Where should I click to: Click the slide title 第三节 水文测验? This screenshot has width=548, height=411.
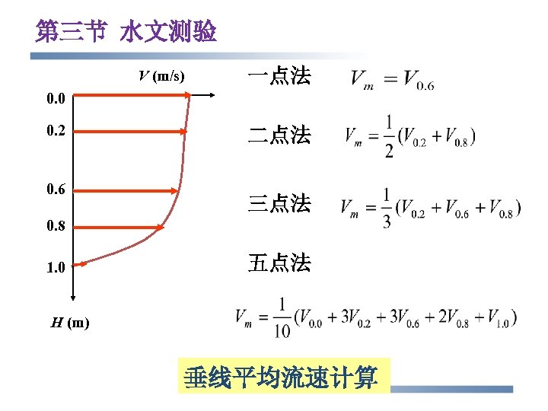tap(126, 32)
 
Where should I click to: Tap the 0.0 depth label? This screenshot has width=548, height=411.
tap(56, 98)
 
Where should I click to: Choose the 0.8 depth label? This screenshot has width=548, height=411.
tap(56, 225)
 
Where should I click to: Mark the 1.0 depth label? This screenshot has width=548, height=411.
tap(56, 267)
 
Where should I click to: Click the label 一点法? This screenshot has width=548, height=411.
tap(279, 76)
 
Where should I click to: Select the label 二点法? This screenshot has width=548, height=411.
tap(279, 135)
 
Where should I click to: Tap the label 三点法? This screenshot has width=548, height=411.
tap(279, 203)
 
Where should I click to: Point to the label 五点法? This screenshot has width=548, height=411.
tap(279, 263)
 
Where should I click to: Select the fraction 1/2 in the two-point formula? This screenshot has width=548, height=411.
tap(388, 137)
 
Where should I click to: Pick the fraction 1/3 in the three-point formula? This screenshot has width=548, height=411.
tap(388, 206)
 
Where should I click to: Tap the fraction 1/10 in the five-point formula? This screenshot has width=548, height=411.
tap(282, 317)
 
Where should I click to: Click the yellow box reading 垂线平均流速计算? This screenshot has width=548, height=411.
tap(284, 377)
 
